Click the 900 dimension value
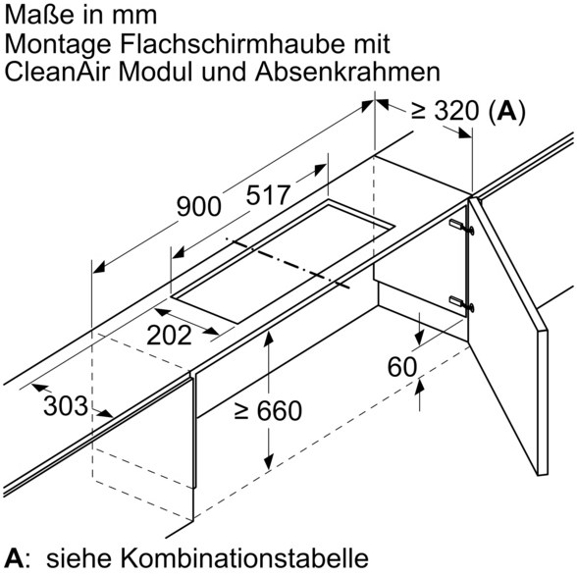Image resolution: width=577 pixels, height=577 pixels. [198, 206]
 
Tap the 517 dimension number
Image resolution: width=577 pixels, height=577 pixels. [268, 195]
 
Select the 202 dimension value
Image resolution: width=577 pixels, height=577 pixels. [169, 336]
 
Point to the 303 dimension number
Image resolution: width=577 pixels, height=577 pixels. [66, 406]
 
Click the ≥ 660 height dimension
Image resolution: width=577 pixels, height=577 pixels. [268, 410]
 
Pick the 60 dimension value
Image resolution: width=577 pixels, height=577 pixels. [402, 367]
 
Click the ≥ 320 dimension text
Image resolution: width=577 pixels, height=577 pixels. [446, 110]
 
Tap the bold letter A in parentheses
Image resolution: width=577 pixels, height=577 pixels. [506, 110]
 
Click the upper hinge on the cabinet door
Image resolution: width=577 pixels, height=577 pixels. [461, 227]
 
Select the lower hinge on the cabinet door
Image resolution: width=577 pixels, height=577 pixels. [461, 303]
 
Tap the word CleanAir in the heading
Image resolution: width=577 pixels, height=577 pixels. [57, 72]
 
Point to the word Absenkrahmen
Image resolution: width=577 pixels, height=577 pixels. [347, 72]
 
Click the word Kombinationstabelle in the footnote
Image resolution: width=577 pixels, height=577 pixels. [245, 557]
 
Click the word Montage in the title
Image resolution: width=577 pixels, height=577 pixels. [58, 44]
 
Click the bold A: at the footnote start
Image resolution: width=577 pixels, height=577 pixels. [16, 557]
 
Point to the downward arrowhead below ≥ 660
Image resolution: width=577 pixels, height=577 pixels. [269, 462]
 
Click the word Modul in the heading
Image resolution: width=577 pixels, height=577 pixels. [155, 72]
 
